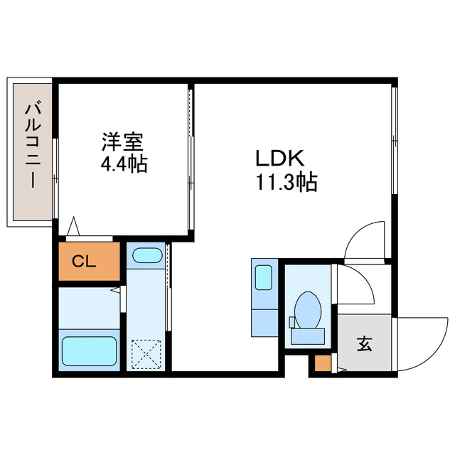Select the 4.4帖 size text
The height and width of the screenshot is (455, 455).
[124, 165]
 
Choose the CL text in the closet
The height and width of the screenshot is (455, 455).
[84, 261]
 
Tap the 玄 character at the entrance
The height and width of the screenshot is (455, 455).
[364, 346]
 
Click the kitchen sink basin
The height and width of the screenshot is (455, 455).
[263, 277]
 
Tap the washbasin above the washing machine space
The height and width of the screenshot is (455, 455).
[146, 256]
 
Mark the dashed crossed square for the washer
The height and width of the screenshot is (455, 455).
[146, 353]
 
